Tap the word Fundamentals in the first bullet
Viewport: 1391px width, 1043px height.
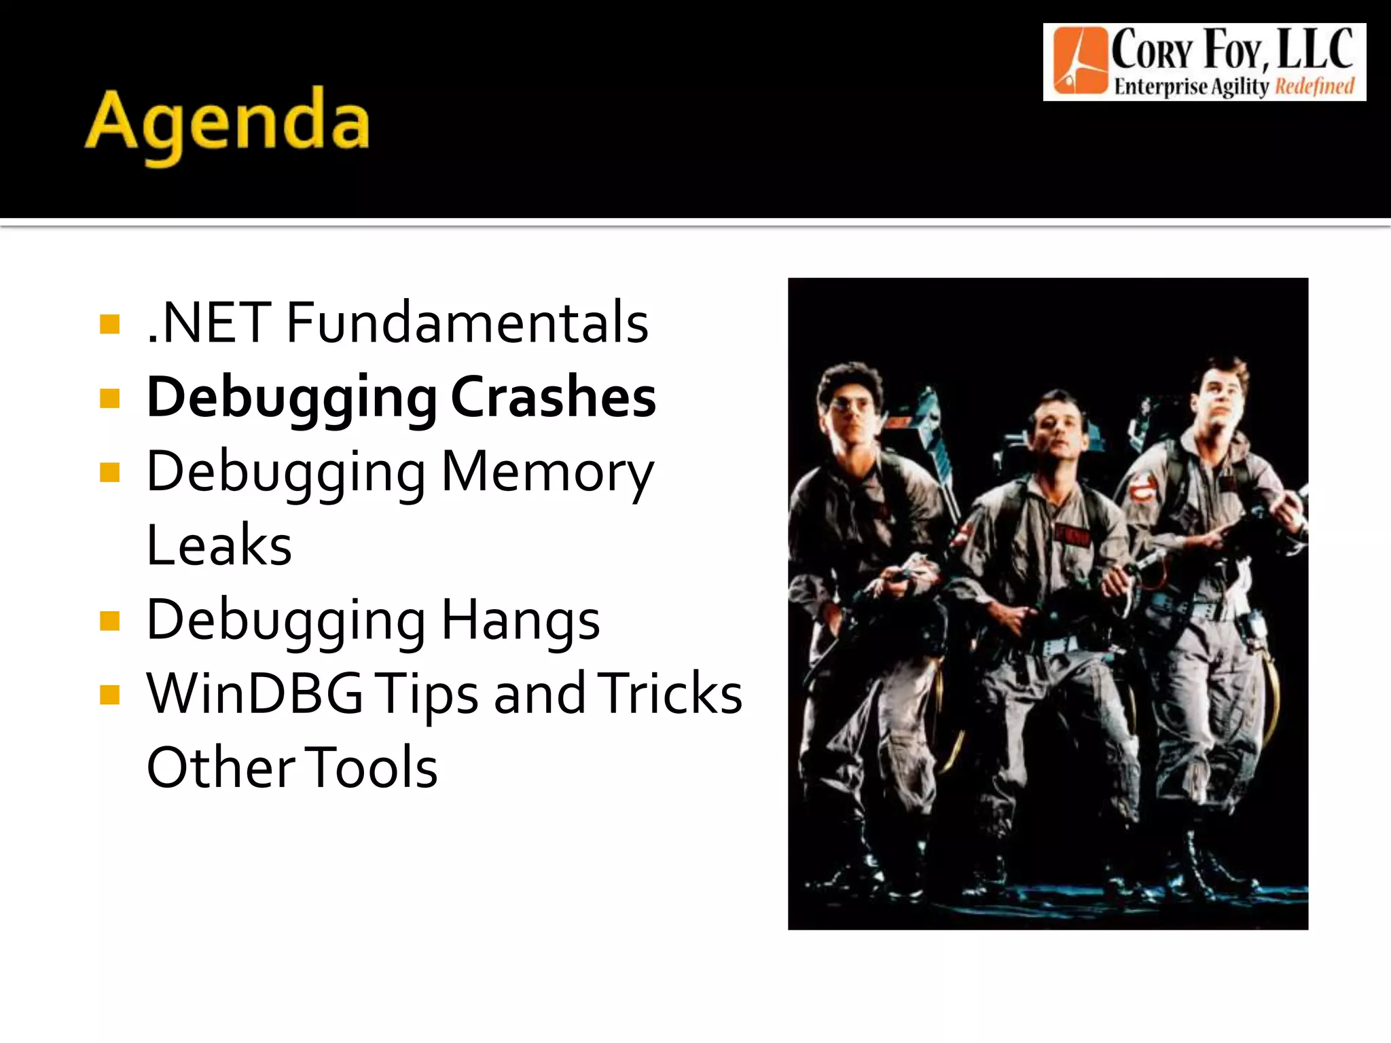click(x=467, y=322)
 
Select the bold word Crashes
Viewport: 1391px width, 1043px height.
click(x=553, y=397)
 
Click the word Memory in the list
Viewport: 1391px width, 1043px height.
click(x=547, y=471)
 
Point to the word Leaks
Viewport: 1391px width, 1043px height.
click(x=219, y=545)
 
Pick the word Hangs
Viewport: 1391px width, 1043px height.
click(x=520, y=619)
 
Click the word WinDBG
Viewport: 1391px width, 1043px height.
click(x=255, y=693)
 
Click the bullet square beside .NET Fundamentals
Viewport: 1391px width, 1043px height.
click(x=109, y=324)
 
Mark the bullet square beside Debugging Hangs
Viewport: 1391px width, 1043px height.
click(x=109, y=621)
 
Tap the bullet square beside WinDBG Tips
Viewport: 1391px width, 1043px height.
click(x=109, y=695)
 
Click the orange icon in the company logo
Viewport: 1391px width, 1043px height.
click(x=1079, y=61)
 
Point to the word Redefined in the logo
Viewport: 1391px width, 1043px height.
click(x=1314, y=87)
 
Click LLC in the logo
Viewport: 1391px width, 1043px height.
click(x=1315, y=49)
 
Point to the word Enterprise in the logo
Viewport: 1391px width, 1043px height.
click(x=1161, y=87)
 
